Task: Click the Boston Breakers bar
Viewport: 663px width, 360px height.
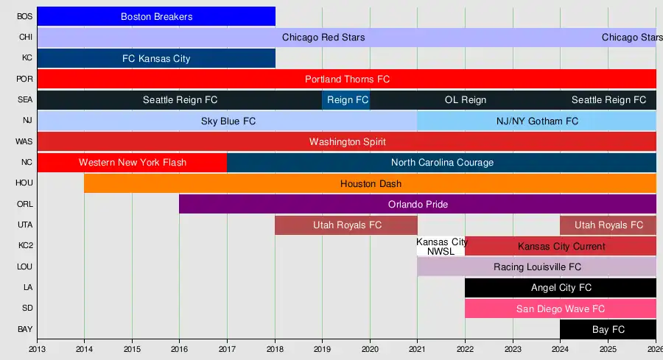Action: point(156,16)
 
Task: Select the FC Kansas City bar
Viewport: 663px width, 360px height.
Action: point(156,58)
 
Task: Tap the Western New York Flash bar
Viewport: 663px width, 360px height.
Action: point(133,162)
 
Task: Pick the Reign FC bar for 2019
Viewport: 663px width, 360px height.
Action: point(346,100)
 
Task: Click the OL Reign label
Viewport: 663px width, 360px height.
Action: point(466,100)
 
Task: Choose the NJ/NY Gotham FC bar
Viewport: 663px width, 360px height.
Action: point(537,121)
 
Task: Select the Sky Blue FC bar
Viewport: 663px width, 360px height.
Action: point(228,121)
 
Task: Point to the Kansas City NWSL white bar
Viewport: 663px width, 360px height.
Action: point(441,247)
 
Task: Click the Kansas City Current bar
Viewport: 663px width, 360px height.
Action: point(561,246)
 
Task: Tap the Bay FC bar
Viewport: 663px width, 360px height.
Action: point(608,329)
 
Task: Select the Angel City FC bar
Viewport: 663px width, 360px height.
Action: point(561,288)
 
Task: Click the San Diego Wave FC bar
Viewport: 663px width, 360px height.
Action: point(561,308)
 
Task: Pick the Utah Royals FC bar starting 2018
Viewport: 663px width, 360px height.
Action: point(346,225)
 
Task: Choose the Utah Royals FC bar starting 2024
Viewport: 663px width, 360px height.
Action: point(608,225)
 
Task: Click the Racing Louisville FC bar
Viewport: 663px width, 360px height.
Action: point(537,267)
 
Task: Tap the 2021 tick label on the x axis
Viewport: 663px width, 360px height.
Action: point(418,350)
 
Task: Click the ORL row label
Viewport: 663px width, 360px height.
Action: point(24,204)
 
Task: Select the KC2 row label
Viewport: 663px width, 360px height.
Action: point(24,246)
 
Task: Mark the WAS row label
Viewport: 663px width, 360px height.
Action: point(24,141)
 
